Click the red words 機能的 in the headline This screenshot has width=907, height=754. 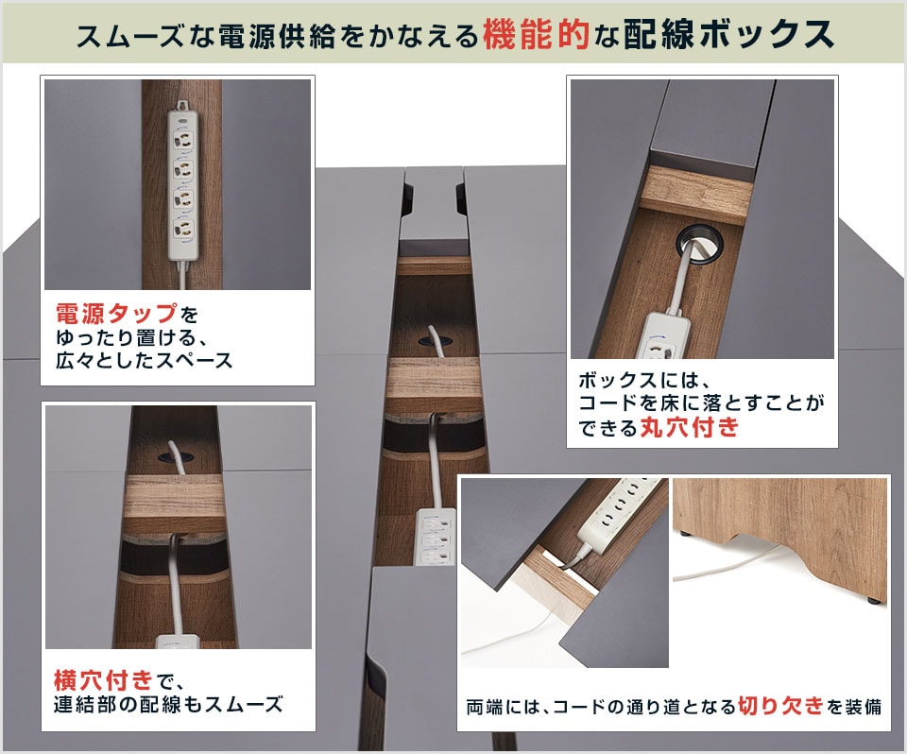pos(536,35)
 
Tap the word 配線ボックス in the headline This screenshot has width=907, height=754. pos(728,35)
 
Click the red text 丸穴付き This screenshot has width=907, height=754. pos(690,427)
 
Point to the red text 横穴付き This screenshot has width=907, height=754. pos(103,680)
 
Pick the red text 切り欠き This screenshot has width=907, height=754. pos(780,706)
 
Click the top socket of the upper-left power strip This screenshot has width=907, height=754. pos(182,140)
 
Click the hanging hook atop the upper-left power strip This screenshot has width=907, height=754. pos(183,105)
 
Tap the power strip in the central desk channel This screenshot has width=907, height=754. pos(436,536)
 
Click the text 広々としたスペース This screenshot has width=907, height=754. pos(144,361)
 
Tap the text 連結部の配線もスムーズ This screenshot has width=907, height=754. pos(168,704)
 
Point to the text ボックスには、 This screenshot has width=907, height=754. pos(643,380)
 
